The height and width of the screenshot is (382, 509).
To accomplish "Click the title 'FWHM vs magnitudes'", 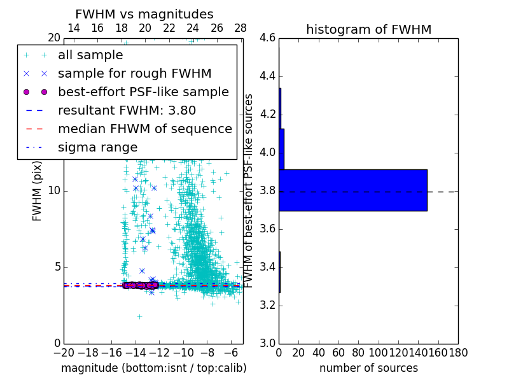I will coord(144,15).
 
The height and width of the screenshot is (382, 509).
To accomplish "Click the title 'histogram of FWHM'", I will coord(368,29).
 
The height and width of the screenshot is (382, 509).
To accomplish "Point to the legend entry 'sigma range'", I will coord(97,148).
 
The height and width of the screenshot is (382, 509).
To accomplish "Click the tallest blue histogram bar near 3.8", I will coord(352,190).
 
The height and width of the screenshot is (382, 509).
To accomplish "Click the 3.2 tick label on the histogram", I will coord(267,306).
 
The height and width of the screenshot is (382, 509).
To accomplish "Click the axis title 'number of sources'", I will coord(368,368).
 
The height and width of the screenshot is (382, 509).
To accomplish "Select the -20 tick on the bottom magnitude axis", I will coord(64,352).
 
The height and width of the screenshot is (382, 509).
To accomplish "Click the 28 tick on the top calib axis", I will coord(241,28).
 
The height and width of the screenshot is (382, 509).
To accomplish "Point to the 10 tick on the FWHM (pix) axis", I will coord(53,191).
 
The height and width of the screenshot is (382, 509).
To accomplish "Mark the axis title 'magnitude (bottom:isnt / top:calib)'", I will coord(153,368).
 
